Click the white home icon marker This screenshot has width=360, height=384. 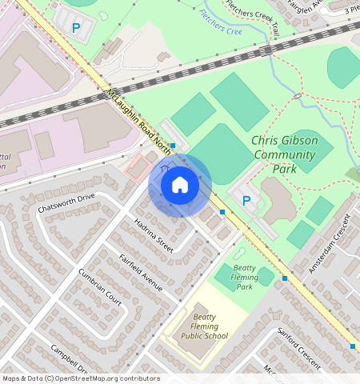click(x=180, y=185)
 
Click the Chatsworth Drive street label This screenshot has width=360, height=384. click(x=66, y=202)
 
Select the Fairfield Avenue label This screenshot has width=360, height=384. click(x=141, y=272)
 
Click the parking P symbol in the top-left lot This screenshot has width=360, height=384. click(x=76, y=27)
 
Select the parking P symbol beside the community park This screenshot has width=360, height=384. click(x=246, y=200)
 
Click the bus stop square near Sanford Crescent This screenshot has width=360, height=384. click(x=353, y=346)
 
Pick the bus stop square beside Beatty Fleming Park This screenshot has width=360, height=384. click(x=284, y=278)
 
